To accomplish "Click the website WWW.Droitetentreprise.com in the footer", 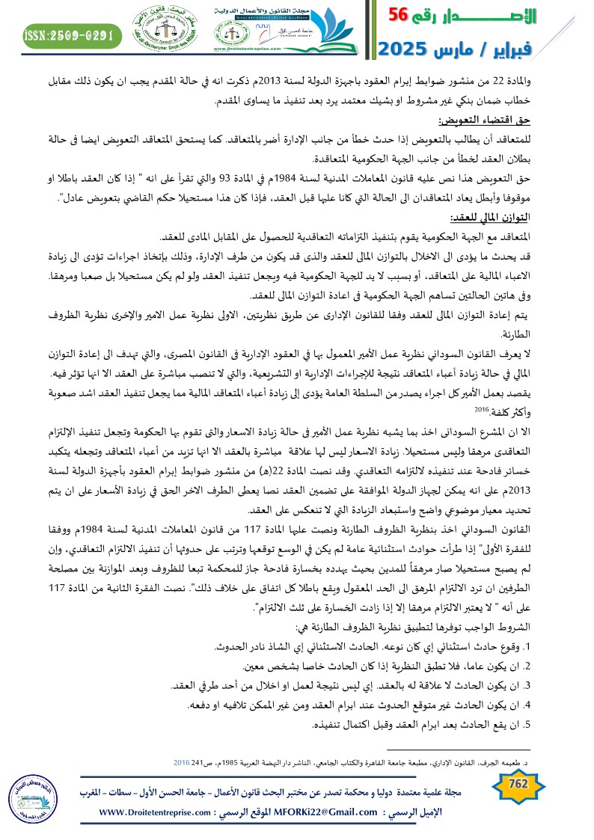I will pyautogui.click(x=162, y=812).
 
